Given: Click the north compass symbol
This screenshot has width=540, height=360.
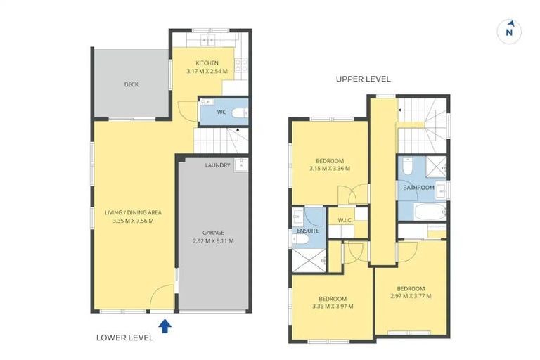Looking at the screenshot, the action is click(x=509, y=32).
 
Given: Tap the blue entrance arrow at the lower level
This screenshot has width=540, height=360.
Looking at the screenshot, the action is click(x=165, y=326).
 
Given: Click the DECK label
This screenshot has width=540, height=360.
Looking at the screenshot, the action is click(x=131, y=84).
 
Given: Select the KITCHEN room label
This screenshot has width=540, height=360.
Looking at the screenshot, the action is click(x=207, y=63).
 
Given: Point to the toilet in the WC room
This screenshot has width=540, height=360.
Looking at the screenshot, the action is click(x=240, y=112).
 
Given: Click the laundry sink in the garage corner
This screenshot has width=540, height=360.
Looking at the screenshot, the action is click(x=241, y=165).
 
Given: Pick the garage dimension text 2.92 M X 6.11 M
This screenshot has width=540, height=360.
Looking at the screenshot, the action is click(x=213, y=241).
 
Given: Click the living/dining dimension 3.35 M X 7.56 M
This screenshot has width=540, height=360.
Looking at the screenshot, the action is click(x=133, y=221).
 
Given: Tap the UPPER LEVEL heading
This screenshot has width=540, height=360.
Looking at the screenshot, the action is click(x=364, y=79).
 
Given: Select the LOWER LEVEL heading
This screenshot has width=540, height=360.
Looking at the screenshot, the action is click(x=124, y=337).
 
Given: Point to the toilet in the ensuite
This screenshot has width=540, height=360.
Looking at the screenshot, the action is click(x=300, y=239).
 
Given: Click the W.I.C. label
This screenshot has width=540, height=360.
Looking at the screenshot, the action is click(x=345, y=220).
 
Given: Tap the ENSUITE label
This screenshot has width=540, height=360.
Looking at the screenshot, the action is click(x=307, y=231).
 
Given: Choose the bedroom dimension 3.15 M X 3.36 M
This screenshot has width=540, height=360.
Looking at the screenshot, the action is click(x=330, y=169).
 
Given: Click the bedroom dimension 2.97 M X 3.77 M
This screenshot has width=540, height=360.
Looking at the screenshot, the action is click(x=411, y=296).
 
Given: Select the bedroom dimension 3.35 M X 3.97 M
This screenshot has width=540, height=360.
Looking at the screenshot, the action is click(x=333, y=307).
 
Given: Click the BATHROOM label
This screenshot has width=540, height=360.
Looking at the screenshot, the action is click(x=418, y=188).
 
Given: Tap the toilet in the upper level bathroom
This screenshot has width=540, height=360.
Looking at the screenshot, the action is click(x=407, y=165).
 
